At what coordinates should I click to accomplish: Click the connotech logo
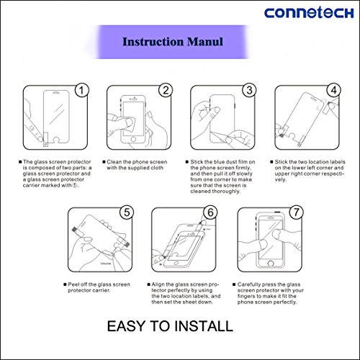click(309, 13)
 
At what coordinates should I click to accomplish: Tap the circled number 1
click(82, 91)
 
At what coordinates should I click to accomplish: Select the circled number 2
click(166, 91)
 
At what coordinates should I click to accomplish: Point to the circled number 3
click(249, 91)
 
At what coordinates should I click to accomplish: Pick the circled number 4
click(334, 91)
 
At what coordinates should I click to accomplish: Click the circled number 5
click(127, 212)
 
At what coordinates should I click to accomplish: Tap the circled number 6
click(210, 212)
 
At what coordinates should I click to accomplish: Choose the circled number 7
click(297, 212)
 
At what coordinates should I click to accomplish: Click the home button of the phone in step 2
click(133, 140)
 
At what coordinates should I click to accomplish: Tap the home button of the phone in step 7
click(271, 264)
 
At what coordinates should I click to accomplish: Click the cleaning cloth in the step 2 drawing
click(130, 124)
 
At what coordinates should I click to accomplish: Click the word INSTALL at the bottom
click(204, 326)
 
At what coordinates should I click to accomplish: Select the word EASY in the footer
click(126, 326)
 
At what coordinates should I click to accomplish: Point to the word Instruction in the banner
click(153, 42)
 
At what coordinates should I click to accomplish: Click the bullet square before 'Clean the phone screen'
click(104, 162)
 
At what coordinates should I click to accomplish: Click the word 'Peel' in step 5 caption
click(73, 284)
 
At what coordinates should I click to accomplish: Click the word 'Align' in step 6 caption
click(158, 284)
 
